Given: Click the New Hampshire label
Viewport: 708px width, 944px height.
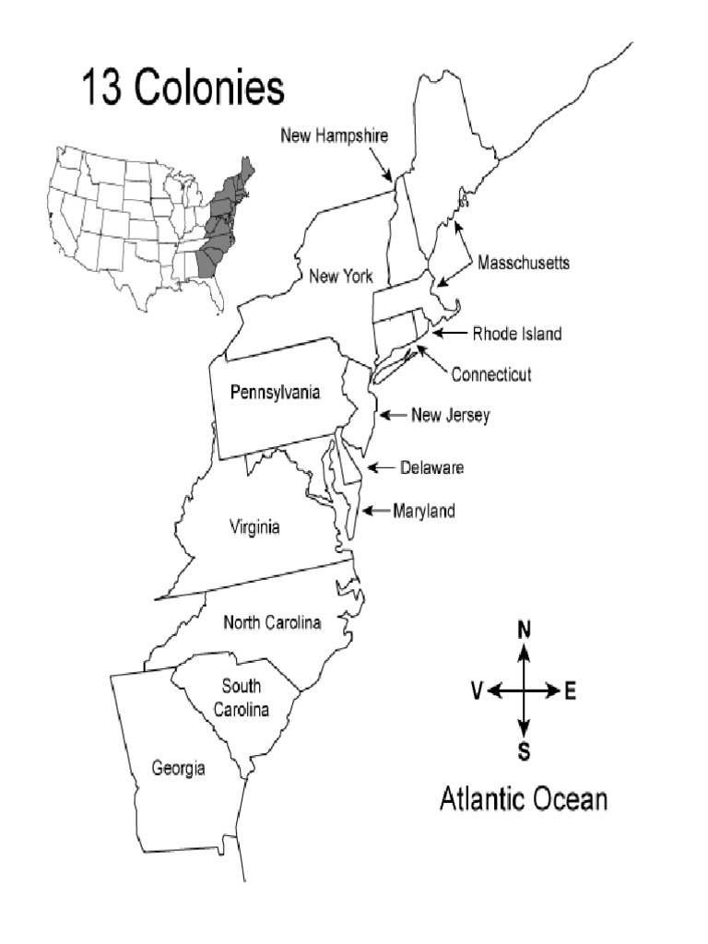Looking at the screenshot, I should click(x=334, y=136).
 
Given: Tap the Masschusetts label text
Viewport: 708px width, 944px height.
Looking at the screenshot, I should click(x=524, y=263).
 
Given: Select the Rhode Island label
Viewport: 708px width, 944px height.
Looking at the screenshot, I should click(x=517, y=334).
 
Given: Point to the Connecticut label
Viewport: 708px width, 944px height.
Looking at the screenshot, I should click(x=491, y=374).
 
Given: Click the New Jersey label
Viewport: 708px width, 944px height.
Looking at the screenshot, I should click(x=450, y=416).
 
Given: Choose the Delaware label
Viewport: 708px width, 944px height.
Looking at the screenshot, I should click(x=431, y=468).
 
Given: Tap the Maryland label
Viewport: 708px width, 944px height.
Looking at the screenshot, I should click(x=424, y=511).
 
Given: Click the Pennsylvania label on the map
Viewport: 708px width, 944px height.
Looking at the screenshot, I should click(x=275, y=393).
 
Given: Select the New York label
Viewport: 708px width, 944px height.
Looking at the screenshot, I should click(x=340, y=276).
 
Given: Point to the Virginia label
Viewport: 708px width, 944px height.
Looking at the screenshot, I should click(x=254, y=527).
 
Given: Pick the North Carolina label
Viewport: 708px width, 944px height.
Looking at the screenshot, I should click(x=273, y=623).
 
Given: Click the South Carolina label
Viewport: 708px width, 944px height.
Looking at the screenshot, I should click(x=241, y=698).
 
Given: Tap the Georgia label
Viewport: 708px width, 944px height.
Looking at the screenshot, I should click(x=179, y=768).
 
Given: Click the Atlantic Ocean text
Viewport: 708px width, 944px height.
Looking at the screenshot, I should click(x=523, y=797).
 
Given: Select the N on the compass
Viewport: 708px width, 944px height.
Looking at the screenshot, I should click(x=524, y=631).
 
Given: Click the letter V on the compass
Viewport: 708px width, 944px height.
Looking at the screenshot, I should click(x=476, y=690).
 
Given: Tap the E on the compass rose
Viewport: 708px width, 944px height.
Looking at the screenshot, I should click(x=570, y=690).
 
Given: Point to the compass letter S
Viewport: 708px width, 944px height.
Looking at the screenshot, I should click(x=524, y=750).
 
